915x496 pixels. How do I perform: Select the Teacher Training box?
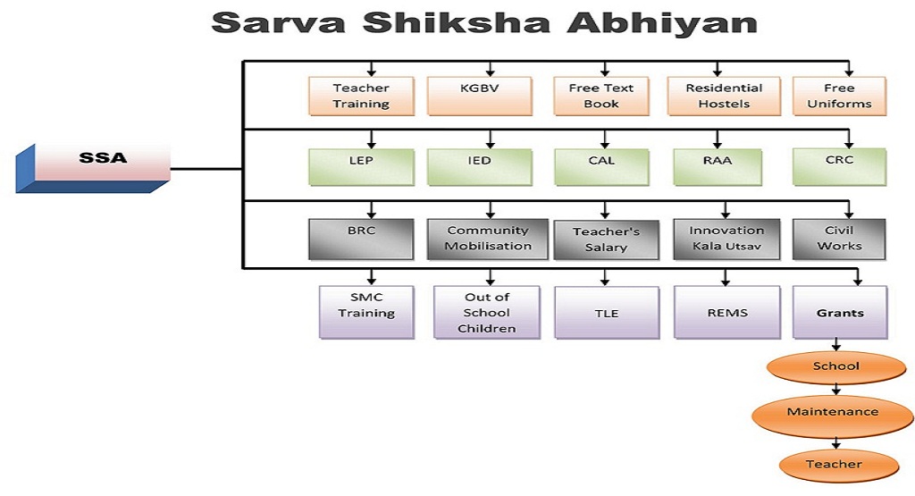pos(361,97)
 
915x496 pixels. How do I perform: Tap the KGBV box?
pos(480,97)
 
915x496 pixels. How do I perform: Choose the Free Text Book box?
pos(601,97)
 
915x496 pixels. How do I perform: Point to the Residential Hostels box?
pos(724,97)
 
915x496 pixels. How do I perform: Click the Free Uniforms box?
pos(839,97)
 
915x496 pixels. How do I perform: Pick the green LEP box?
pos(361,167)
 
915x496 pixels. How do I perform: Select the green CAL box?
pos(601,167)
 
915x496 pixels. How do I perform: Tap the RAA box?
pos(718,167)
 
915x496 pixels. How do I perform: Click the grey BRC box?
pos(361,240)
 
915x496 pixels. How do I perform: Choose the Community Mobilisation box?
pos(488,240)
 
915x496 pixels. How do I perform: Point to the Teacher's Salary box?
pos(607,240)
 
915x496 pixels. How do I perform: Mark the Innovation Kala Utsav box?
pos(726,240)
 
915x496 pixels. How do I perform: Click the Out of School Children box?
pos(487,313)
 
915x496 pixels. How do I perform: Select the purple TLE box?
pos(607,313)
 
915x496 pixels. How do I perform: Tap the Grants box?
pos(840,313)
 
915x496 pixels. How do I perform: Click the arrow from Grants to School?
pos(836,344)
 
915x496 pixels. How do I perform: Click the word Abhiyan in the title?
pos(662,23)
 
